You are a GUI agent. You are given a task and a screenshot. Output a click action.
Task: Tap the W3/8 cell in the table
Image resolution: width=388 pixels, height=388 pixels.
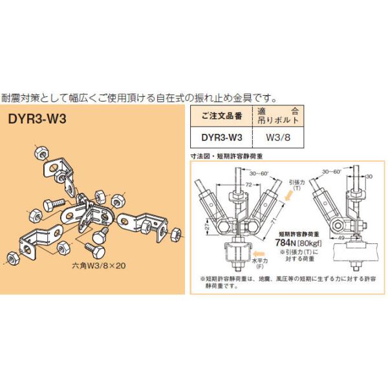(x=281, y=137)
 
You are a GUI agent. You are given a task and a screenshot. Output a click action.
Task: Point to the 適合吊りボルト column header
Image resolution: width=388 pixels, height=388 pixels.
(x=281, y=116)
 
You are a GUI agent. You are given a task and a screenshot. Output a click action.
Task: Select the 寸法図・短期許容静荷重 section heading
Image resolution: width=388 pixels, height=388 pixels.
(x=230, y=156)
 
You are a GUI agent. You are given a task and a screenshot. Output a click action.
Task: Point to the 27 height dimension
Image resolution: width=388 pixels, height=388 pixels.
(x=206, y=228)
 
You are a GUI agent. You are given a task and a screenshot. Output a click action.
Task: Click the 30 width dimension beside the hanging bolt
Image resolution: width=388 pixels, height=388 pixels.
(x=369, y=176)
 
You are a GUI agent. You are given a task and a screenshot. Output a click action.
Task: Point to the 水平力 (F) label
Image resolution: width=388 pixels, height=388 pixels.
(x=260, y=264)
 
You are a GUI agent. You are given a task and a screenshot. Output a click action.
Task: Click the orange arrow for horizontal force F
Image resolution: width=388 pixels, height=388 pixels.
(x=259, y=254)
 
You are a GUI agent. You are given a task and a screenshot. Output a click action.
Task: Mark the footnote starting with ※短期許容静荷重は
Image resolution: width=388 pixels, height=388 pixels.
(x=285, y=283)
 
